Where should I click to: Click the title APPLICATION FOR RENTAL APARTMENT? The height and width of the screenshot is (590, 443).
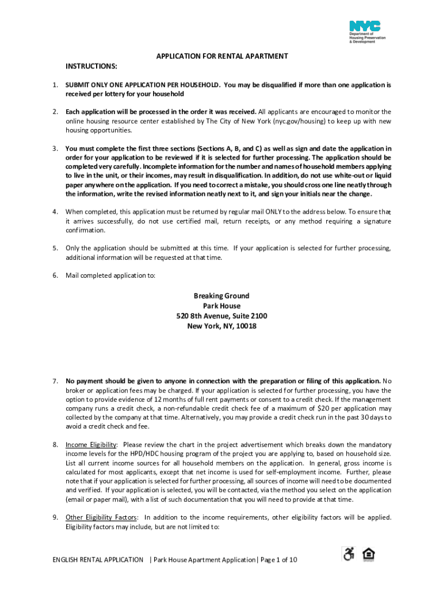(x=222, y=56)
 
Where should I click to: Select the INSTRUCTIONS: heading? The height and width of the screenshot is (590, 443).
(x=91, y=67)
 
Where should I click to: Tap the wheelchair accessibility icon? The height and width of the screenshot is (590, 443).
(x=349, y=554)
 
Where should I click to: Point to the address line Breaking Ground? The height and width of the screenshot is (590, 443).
(x=221, y=296)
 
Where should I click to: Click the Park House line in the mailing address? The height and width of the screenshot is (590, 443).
(x=221, y=306)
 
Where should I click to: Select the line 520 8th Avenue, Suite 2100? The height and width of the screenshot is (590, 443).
(x=221, y=316)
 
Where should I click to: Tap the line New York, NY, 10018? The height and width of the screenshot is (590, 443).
(x=221, y=326)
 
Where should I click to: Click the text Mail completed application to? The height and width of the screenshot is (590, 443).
(x=110, y=275)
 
